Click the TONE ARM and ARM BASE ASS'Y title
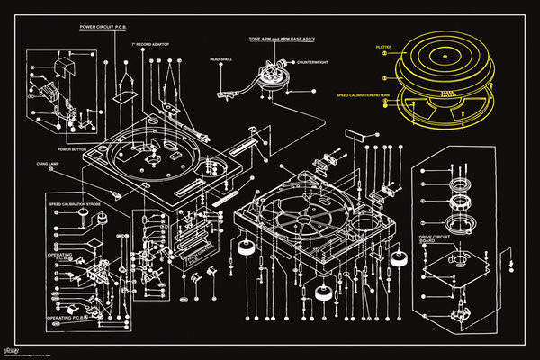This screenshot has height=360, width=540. (289, 40)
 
